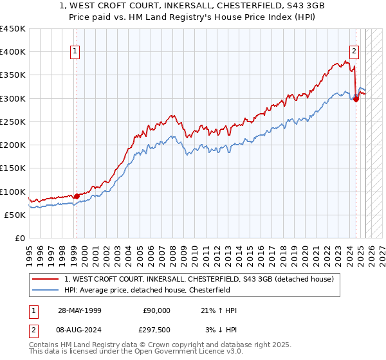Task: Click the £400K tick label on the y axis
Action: click(13, 52)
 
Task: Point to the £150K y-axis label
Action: click(13, 168)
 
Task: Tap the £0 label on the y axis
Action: click(19, 239)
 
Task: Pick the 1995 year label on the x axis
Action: click(29, 251)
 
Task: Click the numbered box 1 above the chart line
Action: click(76, 51)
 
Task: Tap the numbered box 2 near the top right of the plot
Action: click(354, 51)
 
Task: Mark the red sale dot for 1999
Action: click(77, 196)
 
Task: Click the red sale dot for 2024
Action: click(356, 100)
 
